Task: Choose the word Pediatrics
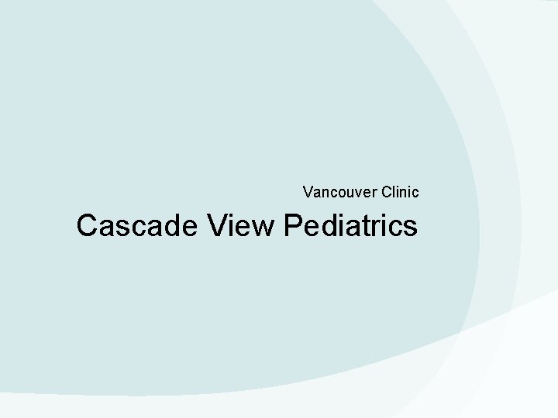[x=351, y=225]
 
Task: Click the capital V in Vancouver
[x=308, y=190]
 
